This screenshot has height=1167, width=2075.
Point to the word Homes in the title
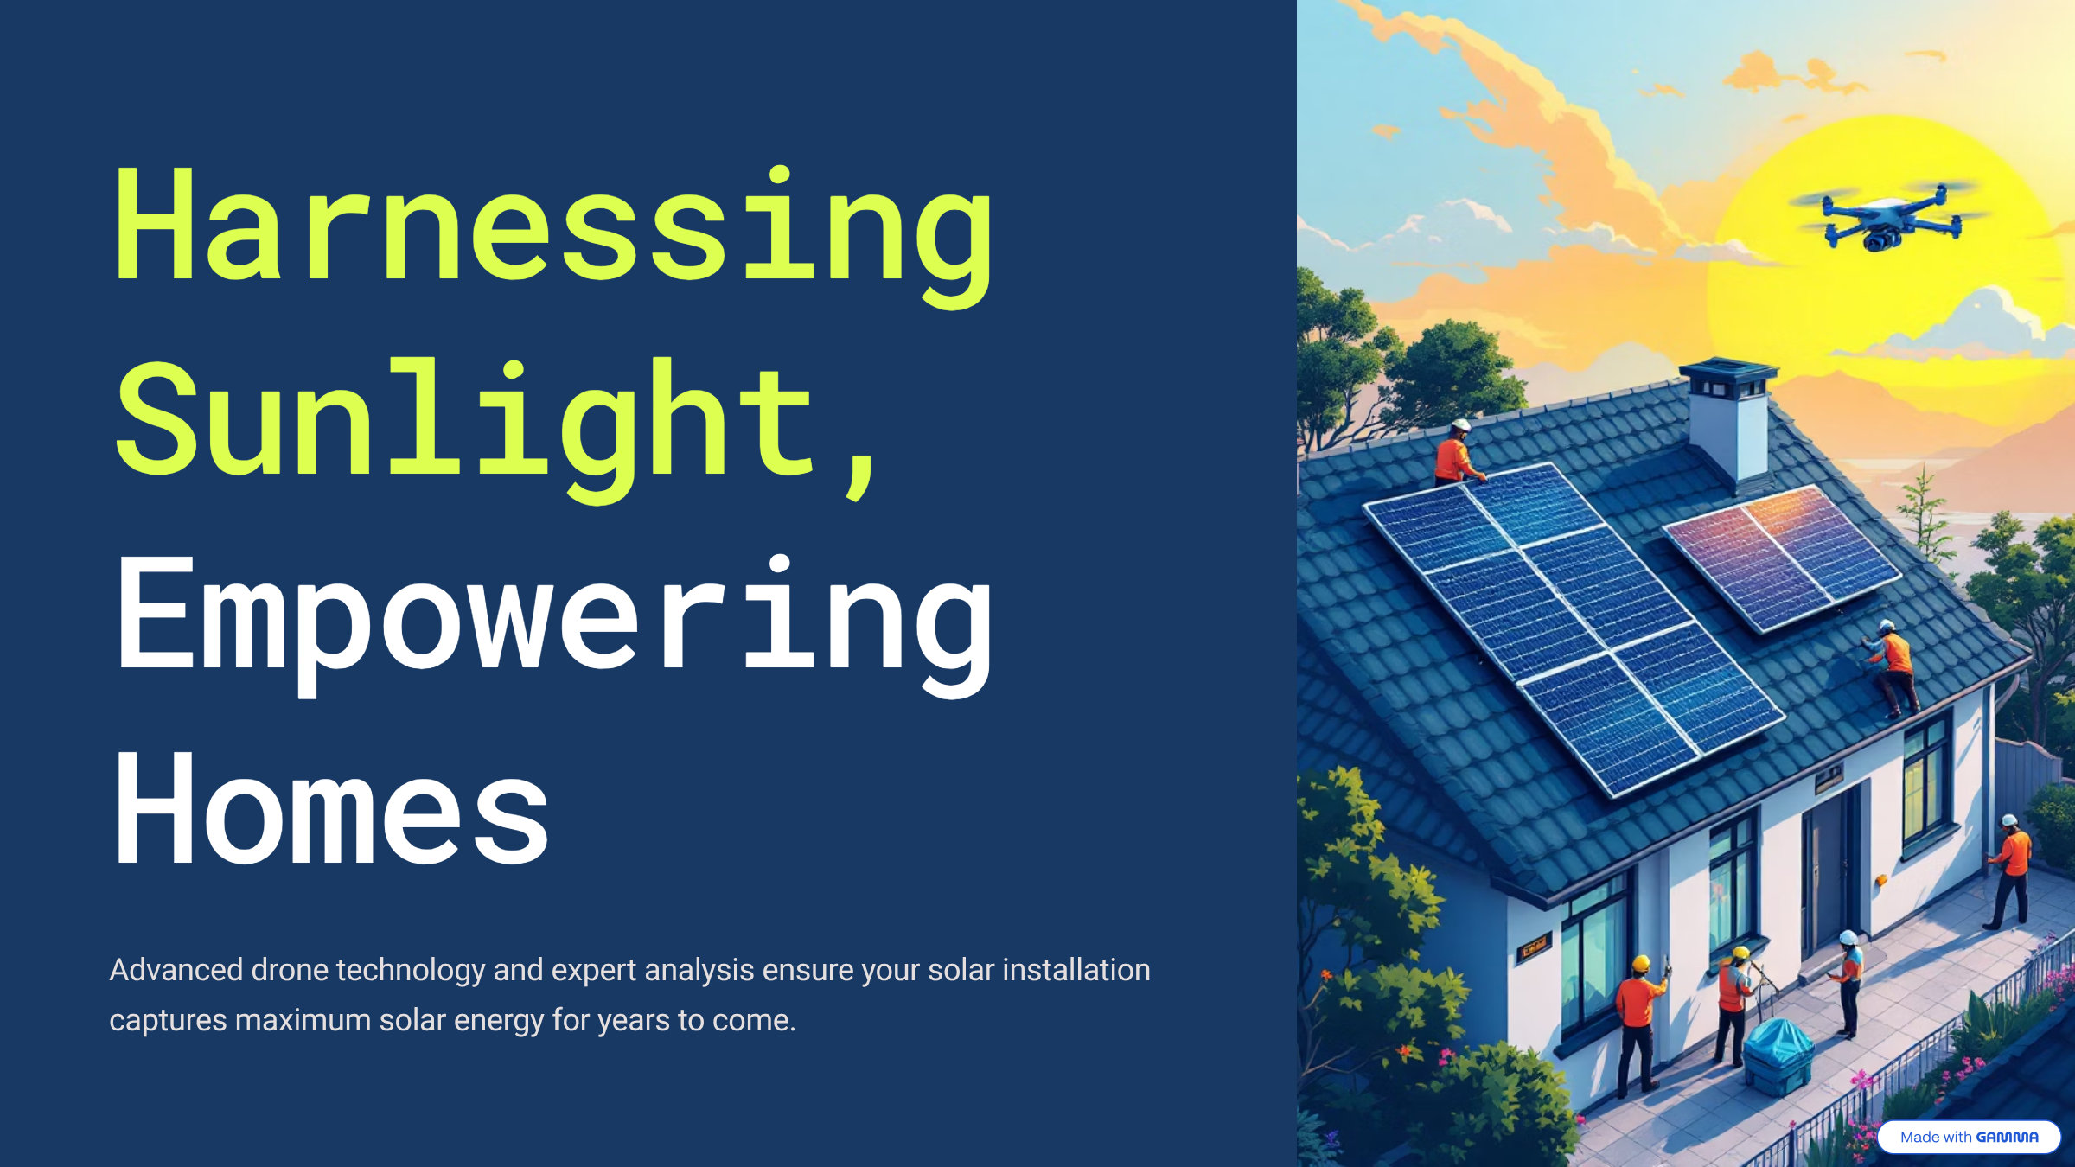click(x=331, y=809)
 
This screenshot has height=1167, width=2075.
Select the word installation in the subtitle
click(x=1076, y=970)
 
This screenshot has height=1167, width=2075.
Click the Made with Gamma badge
click(x=1969, y=1137)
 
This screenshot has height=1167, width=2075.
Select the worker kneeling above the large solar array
click(x=1458, y=453)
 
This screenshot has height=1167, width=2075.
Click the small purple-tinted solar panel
click(x=1783, y=558)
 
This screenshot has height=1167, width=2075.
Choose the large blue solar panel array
click(x=1574, y=628)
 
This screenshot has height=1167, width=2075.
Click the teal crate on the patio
click(x=1778, y=1056)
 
